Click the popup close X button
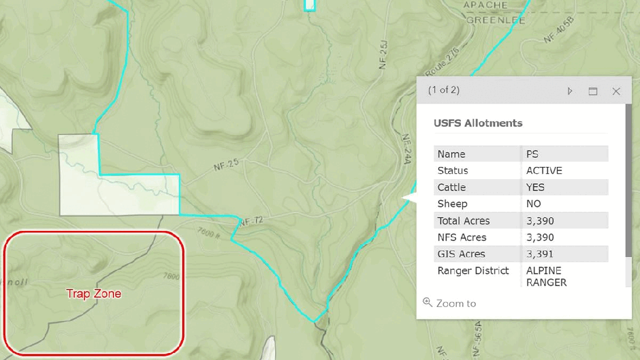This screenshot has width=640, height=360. [x=616, y=91]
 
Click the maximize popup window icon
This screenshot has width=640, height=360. [x=593, y=91]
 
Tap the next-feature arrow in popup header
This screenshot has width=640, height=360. [x=570, y=91]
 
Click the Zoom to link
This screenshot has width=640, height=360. [x=456, y=303]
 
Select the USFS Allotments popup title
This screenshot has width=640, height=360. [x=478, y=123]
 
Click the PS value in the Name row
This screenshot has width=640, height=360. [x=532, y=154]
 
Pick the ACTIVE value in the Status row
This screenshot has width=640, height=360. [x=544, y=170]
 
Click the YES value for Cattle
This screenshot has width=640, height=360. [x=535, y=187]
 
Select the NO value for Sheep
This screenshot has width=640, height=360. [x=534, y=204]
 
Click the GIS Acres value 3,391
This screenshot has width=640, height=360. [x=540, y=254]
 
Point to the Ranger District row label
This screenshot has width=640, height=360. [x=473, y=270]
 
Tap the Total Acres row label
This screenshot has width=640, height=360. [x=464, y=221]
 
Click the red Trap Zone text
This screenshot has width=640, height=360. [x=94, y=294]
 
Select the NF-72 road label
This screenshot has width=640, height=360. [x=251, y=221]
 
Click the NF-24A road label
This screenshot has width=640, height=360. [x=406, y=149]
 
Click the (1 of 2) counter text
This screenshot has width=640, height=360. [x=444, y=90]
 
